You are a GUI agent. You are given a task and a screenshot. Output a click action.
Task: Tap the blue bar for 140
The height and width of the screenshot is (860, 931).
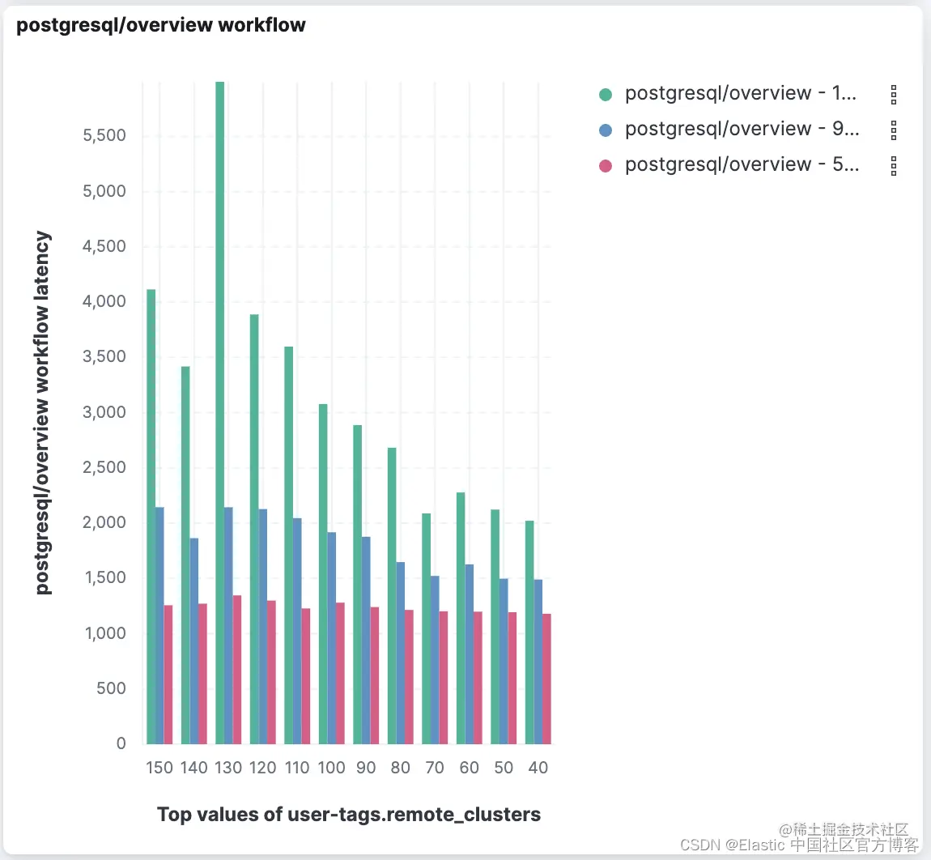(x=194, y=641)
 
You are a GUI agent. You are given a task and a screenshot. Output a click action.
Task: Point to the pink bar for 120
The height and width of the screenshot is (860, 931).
(x=271, y=672)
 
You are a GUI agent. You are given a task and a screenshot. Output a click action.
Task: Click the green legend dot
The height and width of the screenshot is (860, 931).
(x=606, y=94)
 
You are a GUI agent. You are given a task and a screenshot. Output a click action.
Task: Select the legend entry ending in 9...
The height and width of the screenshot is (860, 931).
(x=741, y=129)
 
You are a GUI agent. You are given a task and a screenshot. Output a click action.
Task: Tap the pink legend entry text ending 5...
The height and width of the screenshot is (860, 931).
(x=741, y=164)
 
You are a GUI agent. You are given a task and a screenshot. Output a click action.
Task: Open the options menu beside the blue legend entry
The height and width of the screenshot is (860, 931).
(x=894, y=130)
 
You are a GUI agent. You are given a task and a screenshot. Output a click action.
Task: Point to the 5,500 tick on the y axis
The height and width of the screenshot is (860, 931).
(x=104, y=135)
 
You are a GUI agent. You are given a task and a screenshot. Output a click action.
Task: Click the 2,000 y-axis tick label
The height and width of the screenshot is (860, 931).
(x=104, y=522)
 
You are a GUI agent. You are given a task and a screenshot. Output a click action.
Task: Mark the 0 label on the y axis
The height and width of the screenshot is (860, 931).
(x=121, y=743)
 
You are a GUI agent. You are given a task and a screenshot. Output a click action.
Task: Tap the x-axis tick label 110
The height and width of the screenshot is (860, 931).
(x=297, y=768)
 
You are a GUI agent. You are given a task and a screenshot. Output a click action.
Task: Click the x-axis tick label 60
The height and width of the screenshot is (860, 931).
(x=470, y=768)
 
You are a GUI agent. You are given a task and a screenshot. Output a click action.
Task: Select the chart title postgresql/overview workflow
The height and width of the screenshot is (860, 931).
(x=161, y=25)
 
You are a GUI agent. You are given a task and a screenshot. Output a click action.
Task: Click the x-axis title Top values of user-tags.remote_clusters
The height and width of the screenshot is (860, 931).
(x=349, y=815)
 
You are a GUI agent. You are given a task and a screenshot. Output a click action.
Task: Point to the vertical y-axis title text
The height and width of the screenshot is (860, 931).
(x=43, y=413)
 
